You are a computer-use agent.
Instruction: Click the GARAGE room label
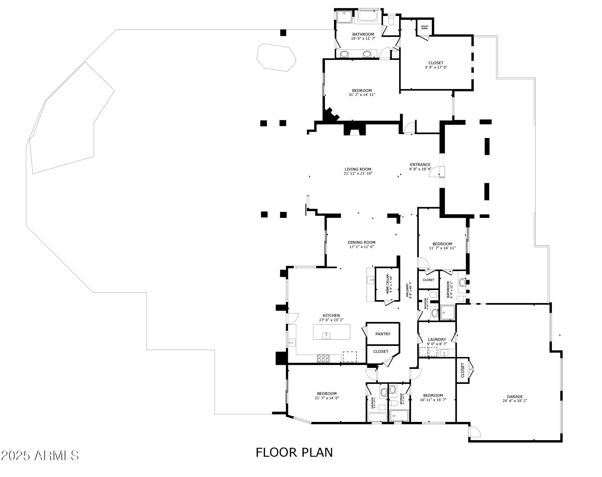pos(515,396)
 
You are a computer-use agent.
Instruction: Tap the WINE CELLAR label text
pos(388,284)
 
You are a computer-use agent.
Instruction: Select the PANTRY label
pos(383,334)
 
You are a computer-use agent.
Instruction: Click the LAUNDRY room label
pos(437,340)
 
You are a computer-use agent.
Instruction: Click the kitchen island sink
pos(326,335)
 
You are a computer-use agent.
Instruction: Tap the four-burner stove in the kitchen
pos(323,358)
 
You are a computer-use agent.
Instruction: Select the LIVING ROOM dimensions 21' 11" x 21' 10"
pos(358,173)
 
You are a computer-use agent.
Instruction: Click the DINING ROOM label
pos(362,242)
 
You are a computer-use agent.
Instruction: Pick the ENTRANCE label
pos(420,164)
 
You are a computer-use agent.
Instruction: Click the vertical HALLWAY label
pos(407,290)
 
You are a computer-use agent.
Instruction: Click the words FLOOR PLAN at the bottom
pos(294,452)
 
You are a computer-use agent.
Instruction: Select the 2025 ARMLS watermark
pos(40,455)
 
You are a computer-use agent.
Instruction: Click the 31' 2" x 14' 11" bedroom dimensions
pos(362,95)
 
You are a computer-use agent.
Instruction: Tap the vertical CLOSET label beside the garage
pos(462,370)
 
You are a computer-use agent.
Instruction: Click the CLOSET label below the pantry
pos(381,351)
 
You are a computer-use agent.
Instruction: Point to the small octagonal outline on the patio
pos(276,57)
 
